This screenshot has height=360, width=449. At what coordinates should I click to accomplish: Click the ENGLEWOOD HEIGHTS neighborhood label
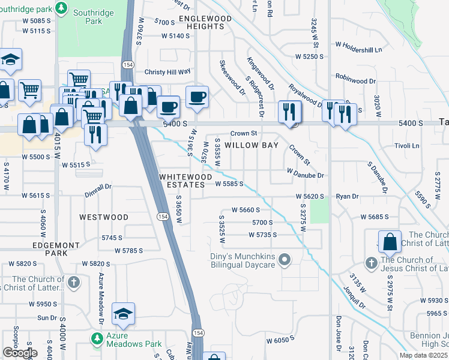tap(205, 23)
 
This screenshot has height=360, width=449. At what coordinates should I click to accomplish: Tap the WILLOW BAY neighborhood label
tap(248, 145)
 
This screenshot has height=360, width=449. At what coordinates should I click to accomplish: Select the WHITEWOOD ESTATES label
tap(185, 181)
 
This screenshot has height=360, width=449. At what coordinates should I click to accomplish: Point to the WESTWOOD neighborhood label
tap(104, 217)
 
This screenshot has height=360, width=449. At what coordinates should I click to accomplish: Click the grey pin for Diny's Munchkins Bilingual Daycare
tap(285, 260)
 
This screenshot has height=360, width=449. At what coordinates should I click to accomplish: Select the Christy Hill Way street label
tap(167, 72)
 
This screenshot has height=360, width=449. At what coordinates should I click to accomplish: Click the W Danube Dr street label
tap(306, 175)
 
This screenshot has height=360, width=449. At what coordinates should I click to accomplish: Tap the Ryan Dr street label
tap(347, 196)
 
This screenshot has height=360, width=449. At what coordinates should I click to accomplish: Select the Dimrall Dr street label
tap(98, 187)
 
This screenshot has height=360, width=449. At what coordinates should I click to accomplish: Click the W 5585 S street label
tap(229, 184)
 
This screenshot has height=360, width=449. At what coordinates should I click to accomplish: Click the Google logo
tap(20, 353)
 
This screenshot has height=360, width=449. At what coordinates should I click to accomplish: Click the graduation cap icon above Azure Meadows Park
tap(123, 314)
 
